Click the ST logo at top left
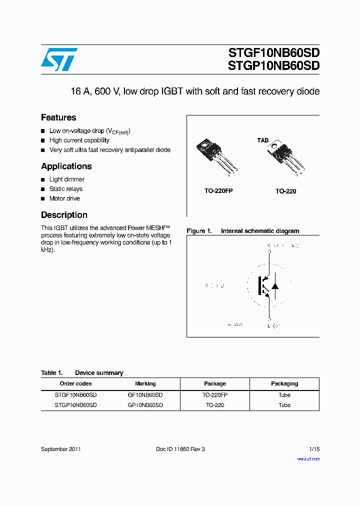tap(59, 59)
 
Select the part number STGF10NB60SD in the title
tap(273, 53)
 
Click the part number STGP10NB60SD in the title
tap(273, 66)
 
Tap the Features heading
tap(58, 117)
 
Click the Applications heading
tap(66, 166)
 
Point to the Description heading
tap(64, 215)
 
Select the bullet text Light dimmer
tap(67, 179)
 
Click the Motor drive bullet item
tap(64, 198)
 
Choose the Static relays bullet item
tap(66, 189)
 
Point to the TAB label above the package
tap(262, 140)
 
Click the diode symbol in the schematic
tap(274, 286)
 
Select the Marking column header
tap(145, 383)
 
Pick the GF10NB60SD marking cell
tap(145, 395)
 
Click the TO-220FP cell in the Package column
tap(214, 395)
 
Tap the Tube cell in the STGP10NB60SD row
tap(284, 405)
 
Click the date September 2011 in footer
tap(61, 449)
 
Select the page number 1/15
tap(314, 449)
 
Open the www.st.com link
tap(308, 459)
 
